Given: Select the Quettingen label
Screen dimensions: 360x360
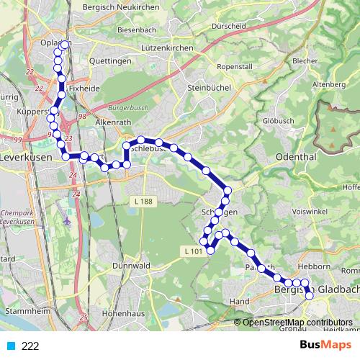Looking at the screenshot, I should tap(109, 61).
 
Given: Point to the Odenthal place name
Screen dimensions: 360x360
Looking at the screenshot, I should tap(295, 156).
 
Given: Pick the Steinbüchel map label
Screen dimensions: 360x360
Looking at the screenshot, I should tap(207, 89).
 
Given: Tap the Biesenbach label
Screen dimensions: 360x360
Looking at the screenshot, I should tap(136, 31).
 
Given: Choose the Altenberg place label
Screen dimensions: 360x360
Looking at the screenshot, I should tap(330, 84).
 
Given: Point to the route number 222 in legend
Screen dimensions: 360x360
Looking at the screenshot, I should tap(30, 346).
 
